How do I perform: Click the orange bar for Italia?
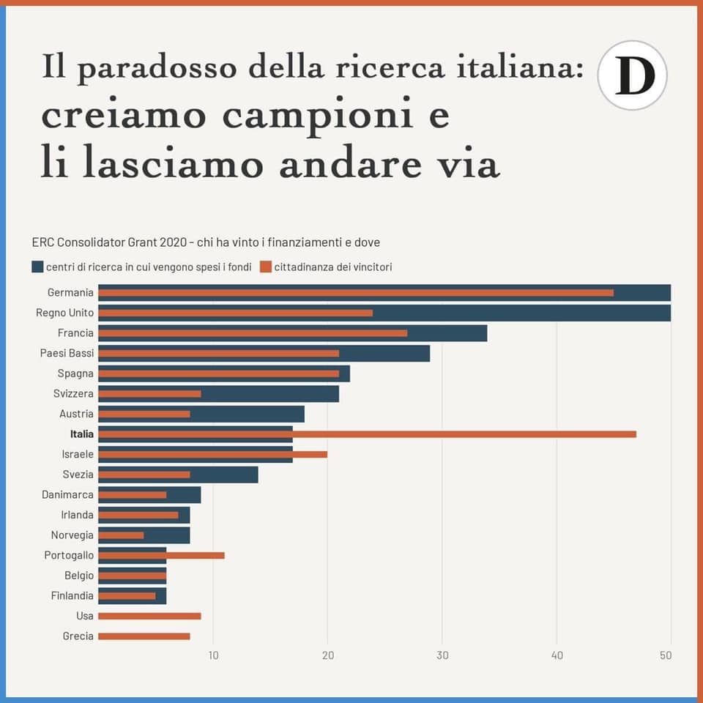(x=366, y=434)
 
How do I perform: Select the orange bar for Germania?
(x=355, y=293)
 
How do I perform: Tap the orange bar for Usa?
(x=149, y=616)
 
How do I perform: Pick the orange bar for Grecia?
(x=144, y=636)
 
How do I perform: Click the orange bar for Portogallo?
(x=161, y=555)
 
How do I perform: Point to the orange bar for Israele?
(x=212, y=454)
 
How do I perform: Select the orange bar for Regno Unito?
(x=235, y=313)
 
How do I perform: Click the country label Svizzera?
(x=73, y=394)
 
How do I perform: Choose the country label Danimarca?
(x=67, y=495)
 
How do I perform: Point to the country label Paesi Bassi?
(x=67, y=353)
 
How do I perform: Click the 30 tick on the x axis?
(x=442, y=655)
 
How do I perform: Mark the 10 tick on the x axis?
(x=213, y=655)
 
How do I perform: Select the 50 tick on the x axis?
(x=666, y=655)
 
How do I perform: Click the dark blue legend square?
(x=37, y=267)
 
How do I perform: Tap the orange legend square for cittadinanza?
(x=266, y=267)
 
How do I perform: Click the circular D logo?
(x=632, y=75)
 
